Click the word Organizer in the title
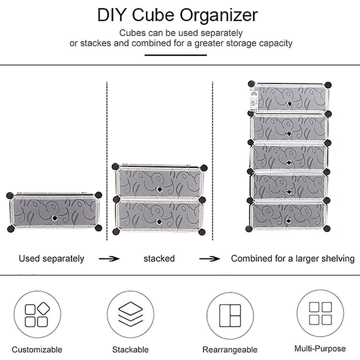coord(218,15)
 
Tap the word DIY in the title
coord(112,15)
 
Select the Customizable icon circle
coord(37,314)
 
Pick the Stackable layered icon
coord(130,314)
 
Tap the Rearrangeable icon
coord(230,315)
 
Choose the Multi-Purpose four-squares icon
coord(321,313)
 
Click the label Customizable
coord(37,350)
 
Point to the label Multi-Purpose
coord(320,349)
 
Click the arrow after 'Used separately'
coord(109,259)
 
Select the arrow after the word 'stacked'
coord(210,259)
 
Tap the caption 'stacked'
coord(159,258)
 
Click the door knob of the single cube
coord(54,218)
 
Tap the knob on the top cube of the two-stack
coord(159,189)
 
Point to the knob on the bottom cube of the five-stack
coord(289,221)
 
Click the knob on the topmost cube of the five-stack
coord(290,104)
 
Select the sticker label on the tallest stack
coord(254,101)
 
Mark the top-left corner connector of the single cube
coord(10,195)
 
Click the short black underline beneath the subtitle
coord(175,55)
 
